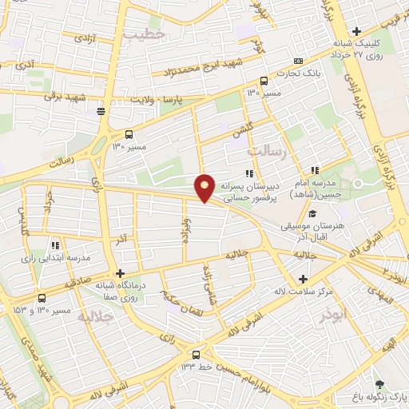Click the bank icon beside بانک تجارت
pyautogui.click(x=298, y=61)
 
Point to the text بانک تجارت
pyautogui.click(x=292, y=74)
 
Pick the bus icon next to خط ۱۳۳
pyautogui.click(x=196, y=355)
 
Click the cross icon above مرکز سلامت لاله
pyautogui.click(x=303, y=279)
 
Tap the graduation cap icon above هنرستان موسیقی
pyautogui.click(x=312, y=214)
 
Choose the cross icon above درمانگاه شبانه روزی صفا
pyautogui.click(x=119, y=272)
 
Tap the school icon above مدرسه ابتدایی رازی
pyautogui.click(x=55, y=245)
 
